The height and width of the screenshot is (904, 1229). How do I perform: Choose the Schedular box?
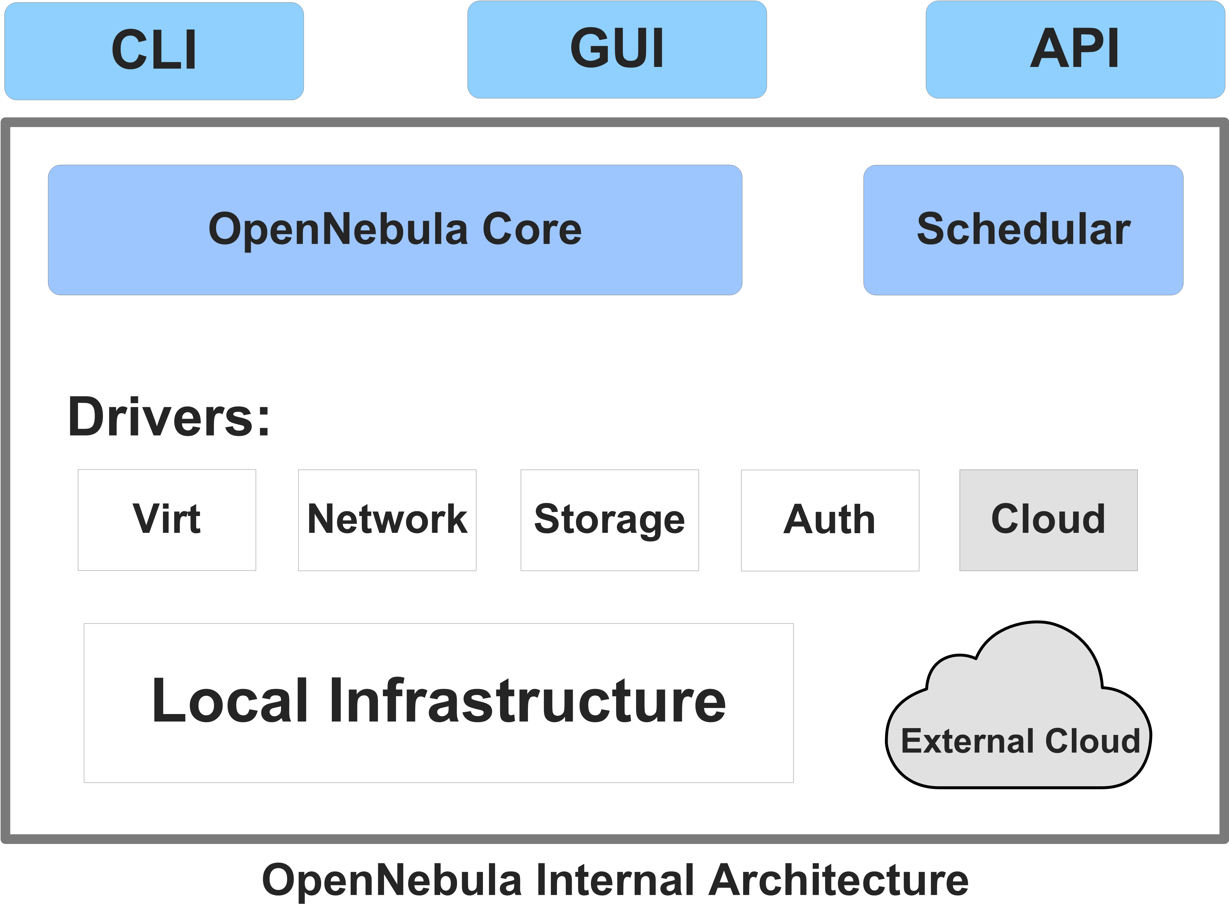[1023, 229]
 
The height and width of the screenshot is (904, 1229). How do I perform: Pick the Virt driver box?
[167, 519]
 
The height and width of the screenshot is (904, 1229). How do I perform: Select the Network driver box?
[387, 519]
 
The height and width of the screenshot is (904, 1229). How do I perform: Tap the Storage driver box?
[609, 519]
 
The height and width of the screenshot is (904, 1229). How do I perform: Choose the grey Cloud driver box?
[1048, 519]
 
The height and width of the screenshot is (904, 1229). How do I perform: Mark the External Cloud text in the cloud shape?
[1020, 741]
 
